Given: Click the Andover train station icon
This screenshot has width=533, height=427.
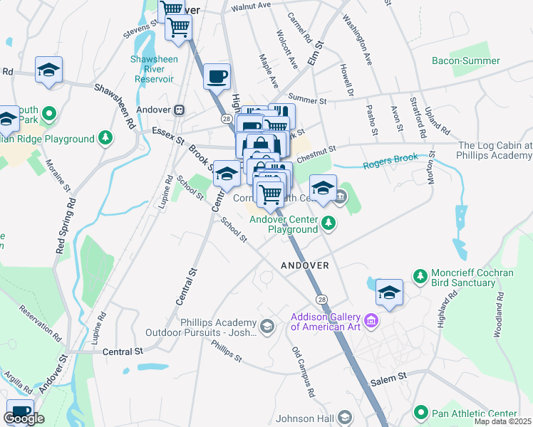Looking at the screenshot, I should coord(180,110).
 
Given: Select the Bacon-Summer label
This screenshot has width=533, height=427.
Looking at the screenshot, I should coord(466,60).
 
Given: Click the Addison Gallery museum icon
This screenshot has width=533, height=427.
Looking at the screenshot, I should coord(371,322).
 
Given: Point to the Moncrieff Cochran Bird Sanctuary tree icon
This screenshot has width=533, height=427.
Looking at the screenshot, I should coord(420,274).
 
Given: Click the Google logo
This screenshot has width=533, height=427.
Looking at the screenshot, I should coord(24,418).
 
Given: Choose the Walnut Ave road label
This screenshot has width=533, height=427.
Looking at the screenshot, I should coord(251,6).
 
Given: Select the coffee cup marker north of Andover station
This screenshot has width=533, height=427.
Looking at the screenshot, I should coord(217,75).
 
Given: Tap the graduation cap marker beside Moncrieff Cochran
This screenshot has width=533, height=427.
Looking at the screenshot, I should coord(389,292).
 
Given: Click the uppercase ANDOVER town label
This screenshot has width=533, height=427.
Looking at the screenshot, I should coord(305,265).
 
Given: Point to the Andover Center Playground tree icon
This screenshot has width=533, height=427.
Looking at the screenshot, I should coord(328,223).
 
